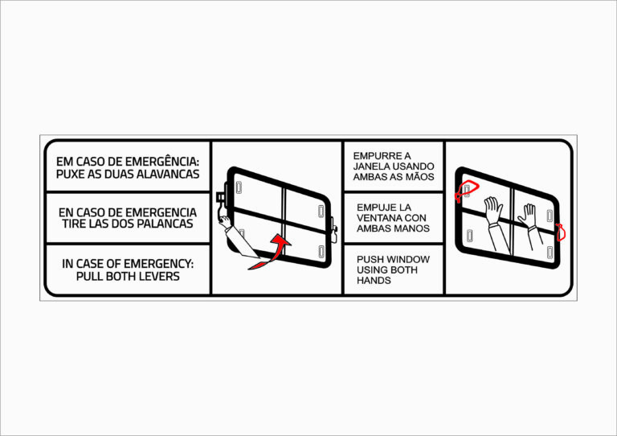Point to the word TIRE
tap(73, 224)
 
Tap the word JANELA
tap(369, 167)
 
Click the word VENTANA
tap(376, 218)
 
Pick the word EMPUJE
tap(377, 208)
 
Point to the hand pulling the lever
tap(224, 222)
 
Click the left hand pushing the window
tap(493, 210)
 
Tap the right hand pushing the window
tap(528, 216)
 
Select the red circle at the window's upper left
tap(467, 191)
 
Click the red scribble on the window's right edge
tap(560, 232)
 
